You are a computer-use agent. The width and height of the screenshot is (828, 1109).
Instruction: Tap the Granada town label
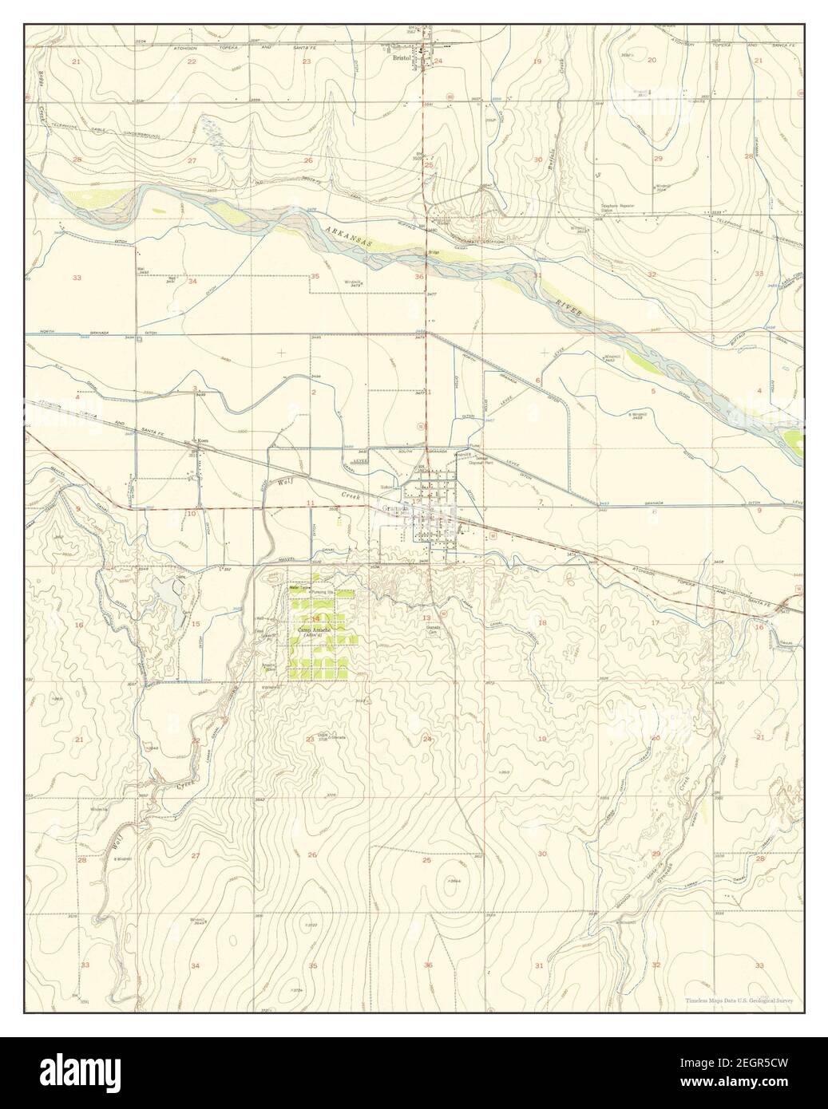coord(394,509)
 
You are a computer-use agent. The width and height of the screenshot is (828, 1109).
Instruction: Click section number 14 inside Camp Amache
coord(315,618)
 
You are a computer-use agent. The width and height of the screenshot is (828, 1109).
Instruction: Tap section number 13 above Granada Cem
coord(427,618)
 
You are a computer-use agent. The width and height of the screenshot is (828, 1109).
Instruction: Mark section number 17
coord(655,622)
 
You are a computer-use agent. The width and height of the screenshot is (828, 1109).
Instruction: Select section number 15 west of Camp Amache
coord(196,624)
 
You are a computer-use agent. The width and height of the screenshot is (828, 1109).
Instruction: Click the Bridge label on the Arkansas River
coord(434,253)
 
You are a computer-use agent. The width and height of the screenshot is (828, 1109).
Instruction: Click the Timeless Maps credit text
coord(737,1000)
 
